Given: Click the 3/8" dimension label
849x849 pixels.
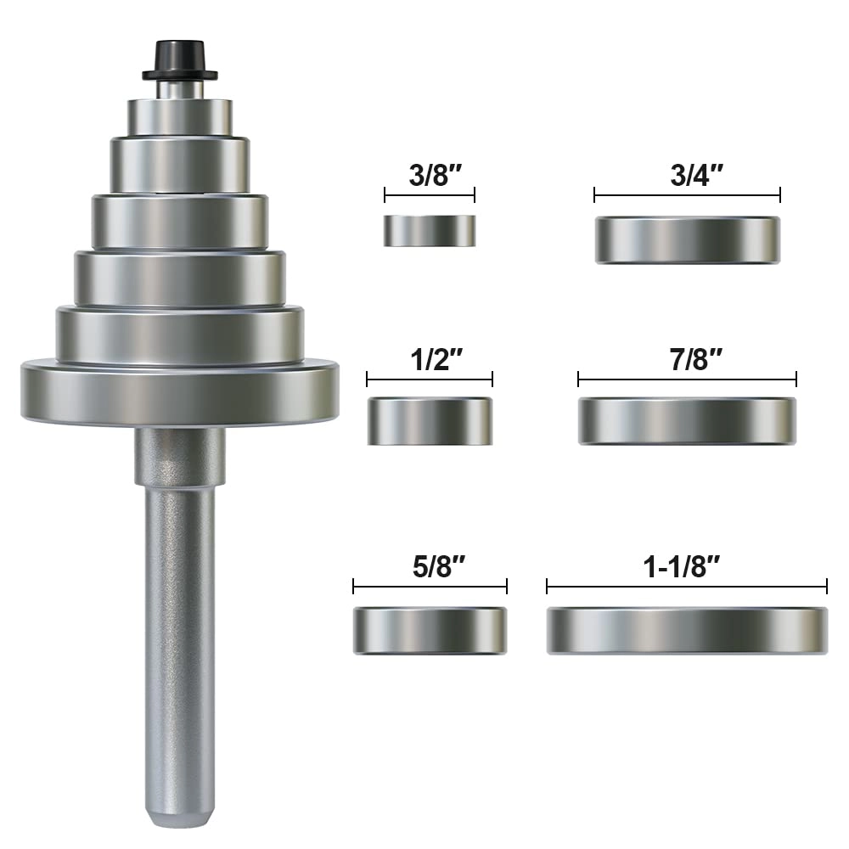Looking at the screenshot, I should tap(429, 176).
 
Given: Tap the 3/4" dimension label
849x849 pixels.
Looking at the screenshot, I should tap(687, 176).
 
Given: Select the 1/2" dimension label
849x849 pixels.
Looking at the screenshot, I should tap(430, 359).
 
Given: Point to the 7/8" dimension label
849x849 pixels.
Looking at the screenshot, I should tap(687, 359).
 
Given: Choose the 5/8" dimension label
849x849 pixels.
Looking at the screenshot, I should tap(430, 566).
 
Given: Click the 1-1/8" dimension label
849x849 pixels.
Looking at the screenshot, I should tap(686, 566).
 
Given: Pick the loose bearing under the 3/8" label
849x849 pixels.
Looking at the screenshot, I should tap(430, 230).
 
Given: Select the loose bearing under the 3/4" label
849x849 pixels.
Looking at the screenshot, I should tap(687, 240).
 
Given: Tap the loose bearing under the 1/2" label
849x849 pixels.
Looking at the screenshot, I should tap(430, 421).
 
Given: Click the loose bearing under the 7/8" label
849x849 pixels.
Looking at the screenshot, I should tap(687, 421).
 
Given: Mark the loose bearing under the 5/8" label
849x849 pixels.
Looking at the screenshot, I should tap(430, 630).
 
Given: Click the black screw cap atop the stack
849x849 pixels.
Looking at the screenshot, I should tap(179, 59).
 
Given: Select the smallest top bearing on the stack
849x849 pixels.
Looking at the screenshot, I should tap(180, 115).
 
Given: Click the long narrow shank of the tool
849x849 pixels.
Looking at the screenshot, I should tap(179, 637).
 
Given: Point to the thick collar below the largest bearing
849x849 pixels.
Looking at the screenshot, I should tap(180, 455).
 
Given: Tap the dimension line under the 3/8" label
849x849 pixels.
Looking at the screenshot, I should tap(430, 195).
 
